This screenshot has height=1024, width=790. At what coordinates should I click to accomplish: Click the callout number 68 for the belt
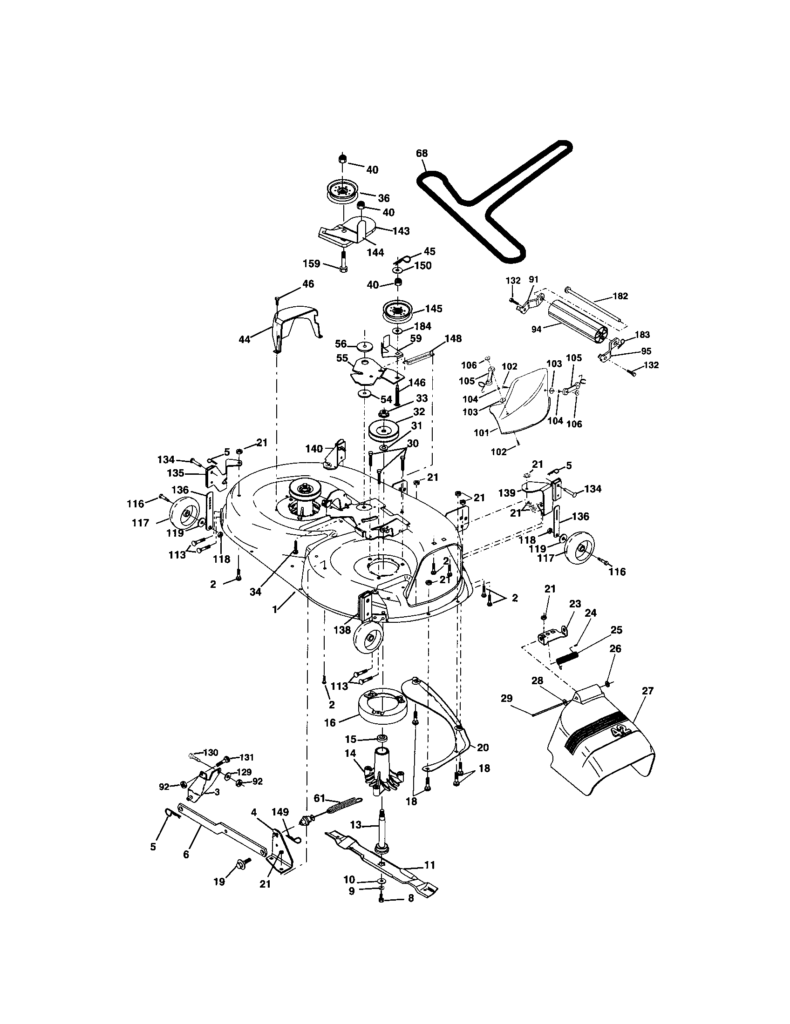[422, 153]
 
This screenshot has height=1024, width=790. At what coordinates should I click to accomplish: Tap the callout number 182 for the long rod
[620, 296]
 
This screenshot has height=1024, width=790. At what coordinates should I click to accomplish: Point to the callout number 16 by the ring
[330, 722]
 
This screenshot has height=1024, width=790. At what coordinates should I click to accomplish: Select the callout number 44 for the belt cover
[245, 338]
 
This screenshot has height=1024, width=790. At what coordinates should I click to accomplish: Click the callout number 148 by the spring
[453, 338]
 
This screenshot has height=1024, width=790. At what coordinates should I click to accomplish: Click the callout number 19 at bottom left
[219, 882]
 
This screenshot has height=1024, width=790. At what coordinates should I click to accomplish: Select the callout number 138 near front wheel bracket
[342, 630]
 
